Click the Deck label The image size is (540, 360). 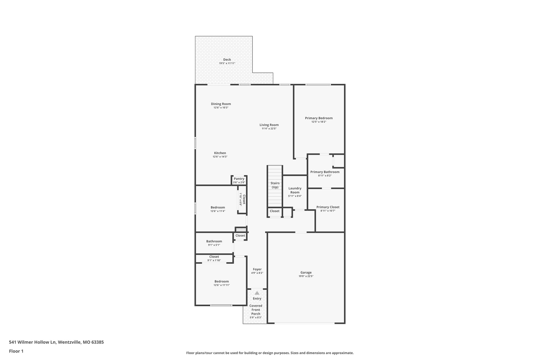point(227,60)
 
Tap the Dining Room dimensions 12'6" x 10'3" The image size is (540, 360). point(221,108)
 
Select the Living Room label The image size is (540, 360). point(269,125)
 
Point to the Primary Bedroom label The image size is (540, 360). point(319,118)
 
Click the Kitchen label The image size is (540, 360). point(220,153)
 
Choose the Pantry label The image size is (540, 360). point(239,179)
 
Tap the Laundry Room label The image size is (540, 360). point(295,190)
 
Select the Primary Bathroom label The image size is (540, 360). point(325,172)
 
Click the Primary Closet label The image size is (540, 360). point(328,207)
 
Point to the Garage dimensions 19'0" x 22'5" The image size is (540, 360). point(306,276)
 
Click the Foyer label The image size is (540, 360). point(257,269)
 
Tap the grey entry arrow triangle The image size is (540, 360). point(257,293)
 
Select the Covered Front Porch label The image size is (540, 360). point(256,310)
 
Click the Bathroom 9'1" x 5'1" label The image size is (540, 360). point(214,241)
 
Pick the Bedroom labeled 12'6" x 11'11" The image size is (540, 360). point(221,281)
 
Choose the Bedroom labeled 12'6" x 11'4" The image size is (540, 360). point(218,207)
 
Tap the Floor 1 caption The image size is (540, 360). point(16,351)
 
